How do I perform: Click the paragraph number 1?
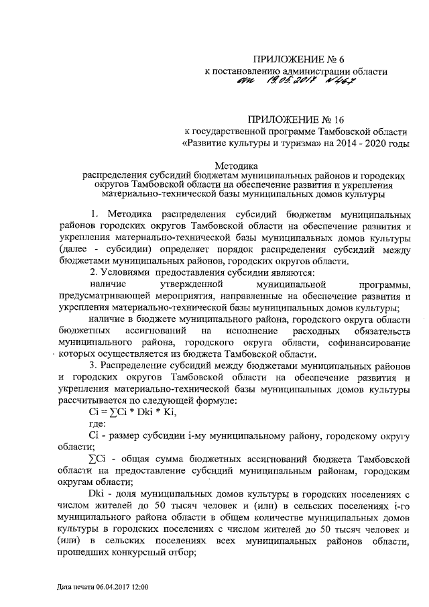coord(94,214)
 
